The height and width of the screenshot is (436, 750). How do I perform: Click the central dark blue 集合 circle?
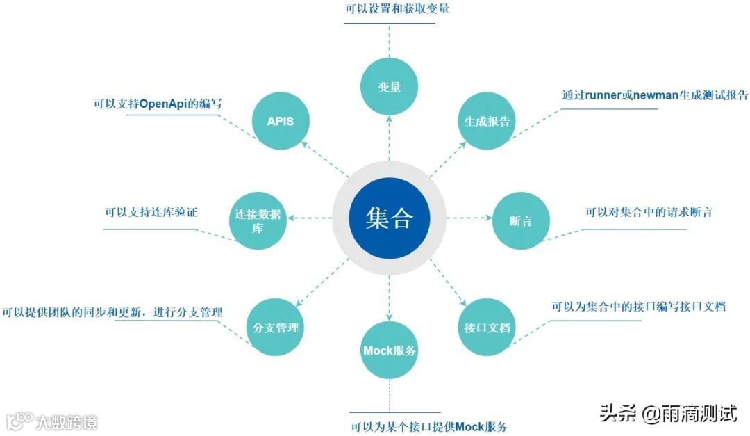click(389, 218)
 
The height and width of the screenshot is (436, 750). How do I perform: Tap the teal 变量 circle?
click(389, 87)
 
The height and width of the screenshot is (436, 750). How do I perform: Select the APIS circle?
click(281, 121)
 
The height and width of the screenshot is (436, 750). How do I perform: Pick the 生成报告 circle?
click(487, 121)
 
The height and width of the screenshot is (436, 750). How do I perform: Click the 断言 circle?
click(521, 221)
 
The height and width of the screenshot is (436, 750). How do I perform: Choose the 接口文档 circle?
click(487, 327)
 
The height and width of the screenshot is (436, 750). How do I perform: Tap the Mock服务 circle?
click(390, 350)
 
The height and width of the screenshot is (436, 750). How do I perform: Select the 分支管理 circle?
click(276, 327)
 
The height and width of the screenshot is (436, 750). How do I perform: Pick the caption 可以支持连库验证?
click(151, 212)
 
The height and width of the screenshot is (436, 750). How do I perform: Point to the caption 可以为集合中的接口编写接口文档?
click(638, 307)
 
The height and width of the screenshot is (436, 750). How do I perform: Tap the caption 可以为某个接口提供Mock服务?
click(428, 426)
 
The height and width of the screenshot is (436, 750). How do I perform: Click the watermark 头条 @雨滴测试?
click(667, 414)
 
